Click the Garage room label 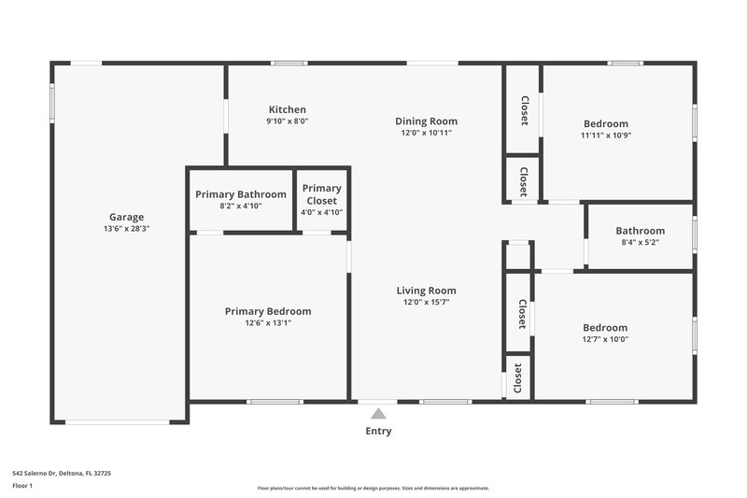[x=126, y=217]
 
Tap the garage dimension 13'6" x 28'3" [x=126, y=229]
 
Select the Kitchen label [x=287, y=109]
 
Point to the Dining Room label [x=426, y=121]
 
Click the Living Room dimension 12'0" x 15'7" [x=426, y=303]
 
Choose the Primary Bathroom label [x=240, y=194]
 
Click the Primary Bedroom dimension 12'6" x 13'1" [x=268, y=323]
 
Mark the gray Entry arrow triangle [x=378, y=413]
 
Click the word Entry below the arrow [x=378, y=432]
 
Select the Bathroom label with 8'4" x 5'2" [x=640, y=231]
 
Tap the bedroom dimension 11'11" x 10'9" [x=606, y=135]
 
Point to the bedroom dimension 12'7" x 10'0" [x=605, y=339]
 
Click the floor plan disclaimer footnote [x=373, y=488]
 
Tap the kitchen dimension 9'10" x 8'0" [x=287, y=121]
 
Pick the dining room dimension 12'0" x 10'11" [x=426, y=133]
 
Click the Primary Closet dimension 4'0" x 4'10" [x=322, y=212]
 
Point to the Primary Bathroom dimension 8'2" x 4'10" [x=240, y=206]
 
